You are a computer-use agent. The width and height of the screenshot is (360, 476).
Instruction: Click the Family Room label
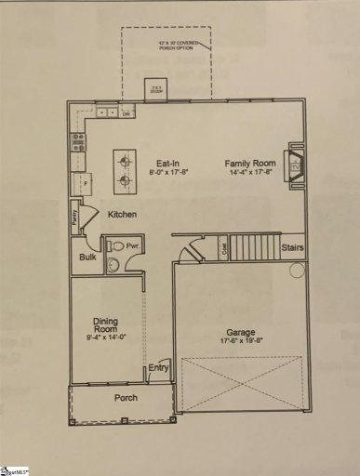(x=251, y=163)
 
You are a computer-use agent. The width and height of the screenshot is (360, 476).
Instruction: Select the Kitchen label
(x=123, y=215)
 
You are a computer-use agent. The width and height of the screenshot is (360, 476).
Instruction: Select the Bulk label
(x=88, y=258)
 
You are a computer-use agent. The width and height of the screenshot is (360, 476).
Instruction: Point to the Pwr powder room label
(x=133, y=247)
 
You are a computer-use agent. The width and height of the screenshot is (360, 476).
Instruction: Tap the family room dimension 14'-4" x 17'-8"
(x=252, y=172)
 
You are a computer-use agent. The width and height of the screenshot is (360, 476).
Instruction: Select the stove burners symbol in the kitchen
(x=78, y=143)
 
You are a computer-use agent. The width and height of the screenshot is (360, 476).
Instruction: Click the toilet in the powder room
(x=115, y=248)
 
